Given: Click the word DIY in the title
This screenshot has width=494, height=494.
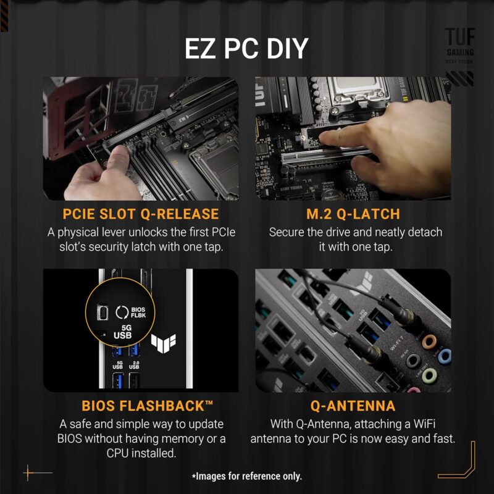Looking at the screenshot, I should (283, 49).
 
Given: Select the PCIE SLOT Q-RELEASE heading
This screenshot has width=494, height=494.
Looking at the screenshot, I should (141, 214).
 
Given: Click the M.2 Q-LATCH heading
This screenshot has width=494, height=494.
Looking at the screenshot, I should (353, 214).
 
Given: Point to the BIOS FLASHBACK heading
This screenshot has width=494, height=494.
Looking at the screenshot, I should (147, 406).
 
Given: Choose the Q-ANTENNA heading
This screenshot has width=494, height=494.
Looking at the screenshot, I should (353, 406).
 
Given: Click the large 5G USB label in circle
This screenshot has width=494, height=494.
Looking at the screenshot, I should (123, 332).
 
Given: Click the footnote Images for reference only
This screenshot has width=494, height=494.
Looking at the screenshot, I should (247, 476).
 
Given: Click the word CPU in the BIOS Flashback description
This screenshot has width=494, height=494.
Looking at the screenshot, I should (122, 453).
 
